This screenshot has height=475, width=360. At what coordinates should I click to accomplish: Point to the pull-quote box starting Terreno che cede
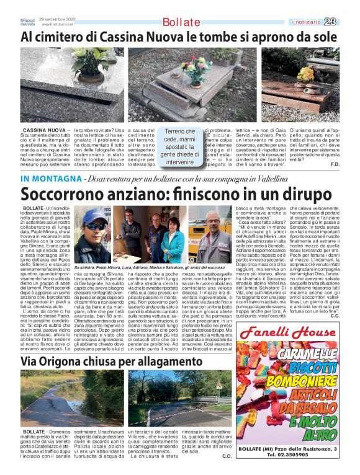(180, 146)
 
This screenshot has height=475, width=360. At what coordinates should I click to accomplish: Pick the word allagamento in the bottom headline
(140, 360)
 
